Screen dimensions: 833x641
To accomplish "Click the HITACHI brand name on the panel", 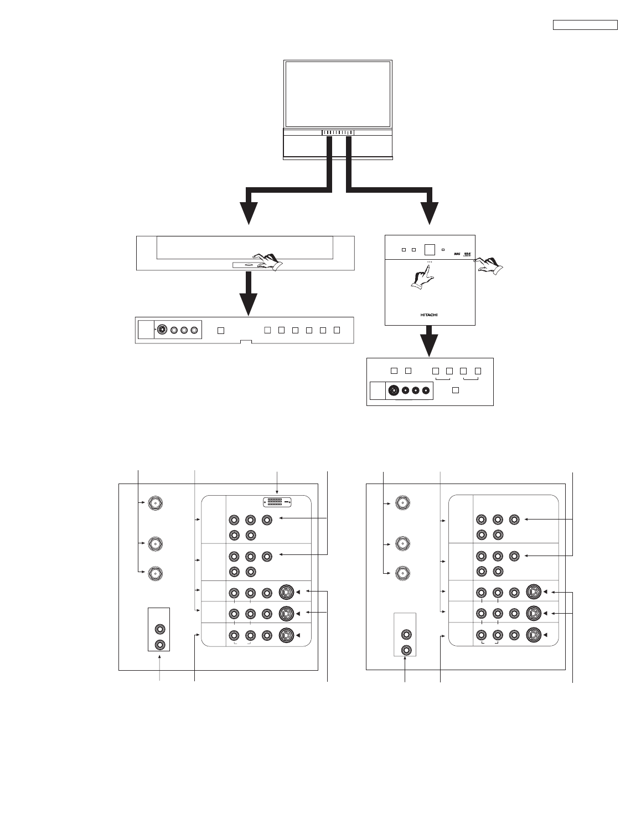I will click(x=430, y=313).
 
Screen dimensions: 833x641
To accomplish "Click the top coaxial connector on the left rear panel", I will click(x=156, y=503).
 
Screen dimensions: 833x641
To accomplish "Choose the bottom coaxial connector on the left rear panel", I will click(x=156, y=573).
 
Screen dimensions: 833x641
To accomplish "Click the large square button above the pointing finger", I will click(x=429, y=250).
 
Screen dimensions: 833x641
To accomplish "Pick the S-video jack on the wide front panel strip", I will click(x=162, y=330).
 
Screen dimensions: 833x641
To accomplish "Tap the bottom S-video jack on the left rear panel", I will click(x=286, y=635).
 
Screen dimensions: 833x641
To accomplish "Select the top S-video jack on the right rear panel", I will click(x=534, y=592).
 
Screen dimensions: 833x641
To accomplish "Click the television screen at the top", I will click(x=338, y=94).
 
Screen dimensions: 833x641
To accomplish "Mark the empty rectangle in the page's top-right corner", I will click(x=585, y=25).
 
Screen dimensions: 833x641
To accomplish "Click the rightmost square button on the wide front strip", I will click(x=337, y=331).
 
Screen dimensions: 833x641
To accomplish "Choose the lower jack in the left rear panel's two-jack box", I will click(x=160, y=644).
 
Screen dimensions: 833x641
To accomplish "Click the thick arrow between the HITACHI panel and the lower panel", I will click(x=429, y=341).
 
